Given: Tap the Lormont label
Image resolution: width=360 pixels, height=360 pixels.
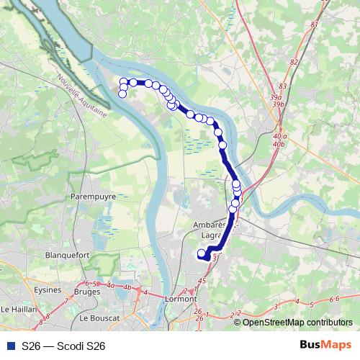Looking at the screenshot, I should click(x=181, y=298).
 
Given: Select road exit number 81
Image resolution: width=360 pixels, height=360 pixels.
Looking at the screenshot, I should click(x=314, y=24).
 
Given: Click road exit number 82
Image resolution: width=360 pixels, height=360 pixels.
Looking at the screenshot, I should click(x=293, y=62).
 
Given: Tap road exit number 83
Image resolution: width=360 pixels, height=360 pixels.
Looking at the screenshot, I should click(x=282, y=86).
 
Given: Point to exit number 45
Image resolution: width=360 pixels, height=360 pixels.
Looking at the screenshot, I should click(x=202, y=281).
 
